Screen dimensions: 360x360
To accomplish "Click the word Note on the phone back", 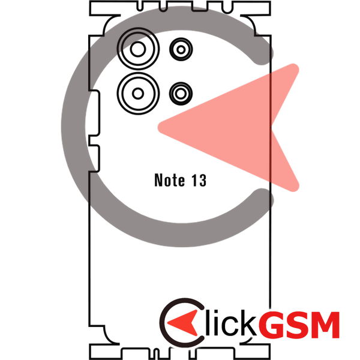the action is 170,180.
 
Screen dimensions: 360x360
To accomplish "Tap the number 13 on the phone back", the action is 199,180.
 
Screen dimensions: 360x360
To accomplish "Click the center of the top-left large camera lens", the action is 138,49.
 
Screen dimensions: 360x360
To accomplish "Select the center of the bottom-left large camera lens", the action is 138,94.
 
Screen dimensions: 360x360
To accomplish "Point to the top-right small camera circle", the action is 181,49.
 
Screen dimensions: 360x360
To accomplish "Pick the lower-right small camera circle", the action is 181,94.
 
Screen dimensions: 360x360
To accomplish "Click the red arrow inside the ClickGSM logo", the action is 183,323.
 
